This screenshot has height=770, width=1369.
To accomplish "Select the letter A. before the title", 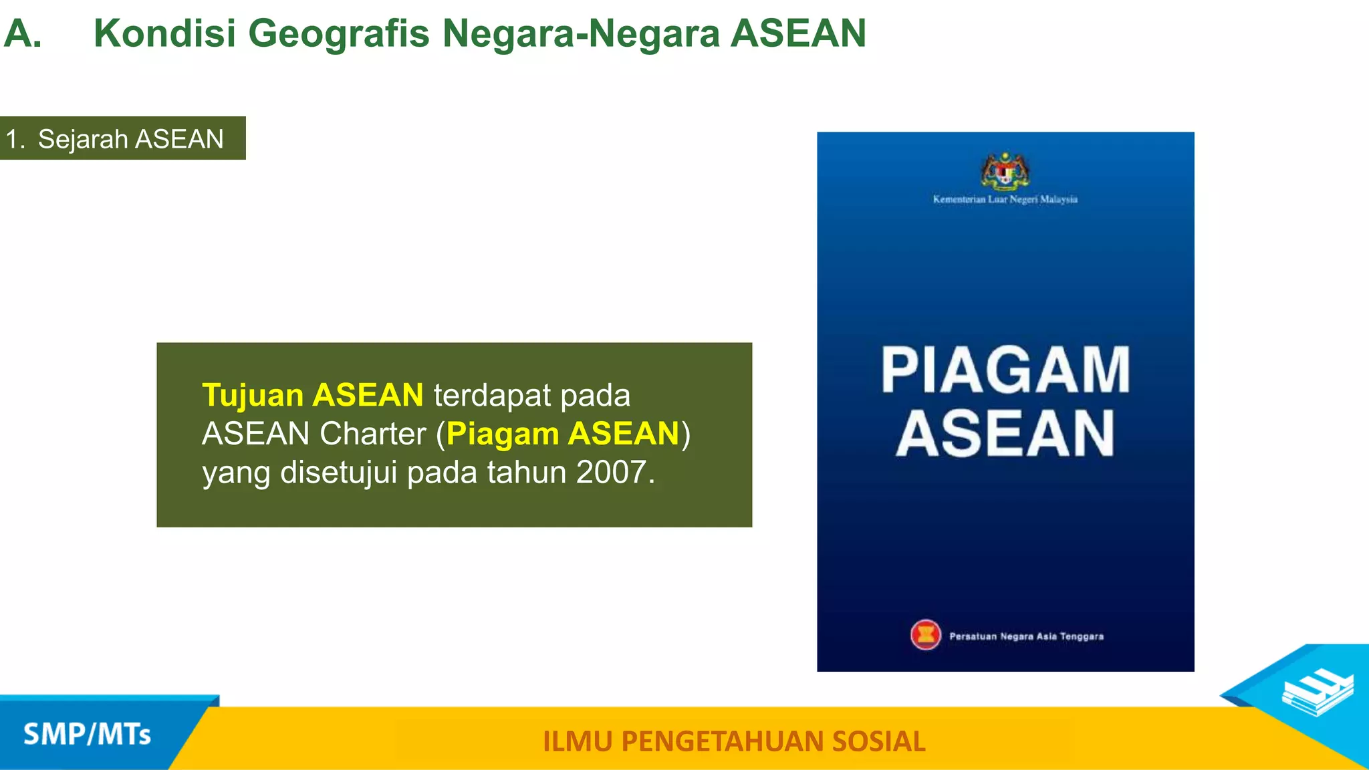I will pos(23,33).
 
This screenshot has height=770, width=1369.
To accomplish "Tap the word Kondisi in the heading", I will pos(164,33).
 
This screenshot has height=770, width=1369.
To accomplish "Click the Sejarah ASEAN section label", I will pos(130,139).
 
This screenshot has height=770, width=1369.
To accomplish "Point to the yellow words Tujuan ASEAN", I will pos(312,395).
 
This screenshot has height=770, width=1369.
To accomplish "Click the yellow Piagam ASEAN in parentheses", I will pos(563,433).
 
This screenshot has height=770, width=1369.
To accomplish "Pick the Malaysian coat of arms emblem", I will pos(1005,171).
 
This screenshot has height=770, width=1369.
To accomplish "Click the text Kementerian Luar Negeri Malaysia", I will pos(1005,199).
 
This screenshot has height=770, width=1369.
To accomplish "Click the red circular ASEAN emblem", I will pos(926,635).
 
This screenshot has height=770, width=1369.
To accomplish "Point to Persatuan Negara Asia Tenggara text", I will pos(1026,636).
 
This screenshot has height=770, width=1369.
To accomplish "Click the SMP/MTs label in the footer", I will pos(87,734).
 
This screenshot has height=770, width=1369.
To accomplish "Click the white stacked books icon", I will pos(1317,692).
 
